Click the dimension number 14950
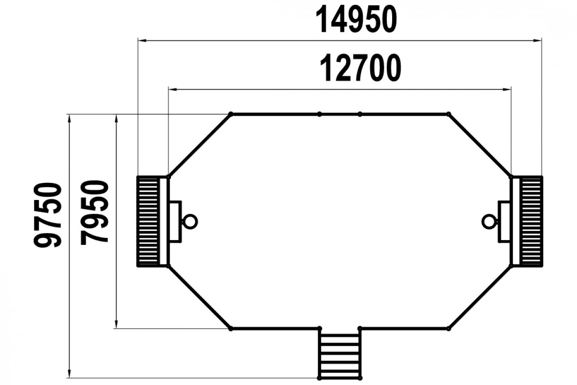[356, 19]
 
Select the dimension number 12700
[360, 68]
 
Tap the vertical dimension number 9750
[48, 215]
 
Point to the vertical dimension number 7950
[94, 213]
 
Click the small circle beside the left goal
[190, 221]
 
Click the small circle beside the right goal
[489, 221]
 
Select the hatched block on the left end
[148, 221]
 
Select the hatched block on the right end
[531, 221]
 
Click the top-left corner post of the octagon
[231, 114]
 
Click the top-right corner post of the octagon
[448, 114]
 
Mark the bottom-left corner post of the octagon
[231, 329]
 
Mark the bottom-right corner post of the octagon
[448, 329]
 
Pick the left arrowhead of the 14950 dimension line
[142, 41]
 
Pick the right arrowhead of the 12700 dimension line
[507, 90]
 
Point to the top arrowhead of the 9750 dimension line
[69, 119]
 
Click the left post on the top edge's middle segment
[320, 114]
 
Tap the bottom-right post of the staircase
[360, 378]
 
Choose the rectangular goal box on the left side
[175, 221]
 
